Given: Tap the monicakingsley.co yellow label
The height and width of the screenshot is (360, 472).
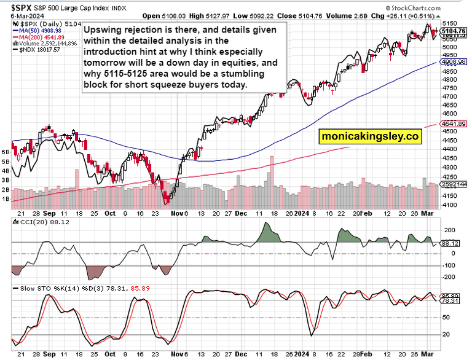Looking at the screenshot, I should coord(369,137).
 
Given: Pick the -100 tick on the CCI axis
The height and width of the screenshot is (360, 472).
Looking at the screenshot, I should coord(449,266).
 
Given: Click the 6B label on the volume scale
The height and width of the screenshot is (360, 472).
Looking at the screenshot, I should coord(6,151).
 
